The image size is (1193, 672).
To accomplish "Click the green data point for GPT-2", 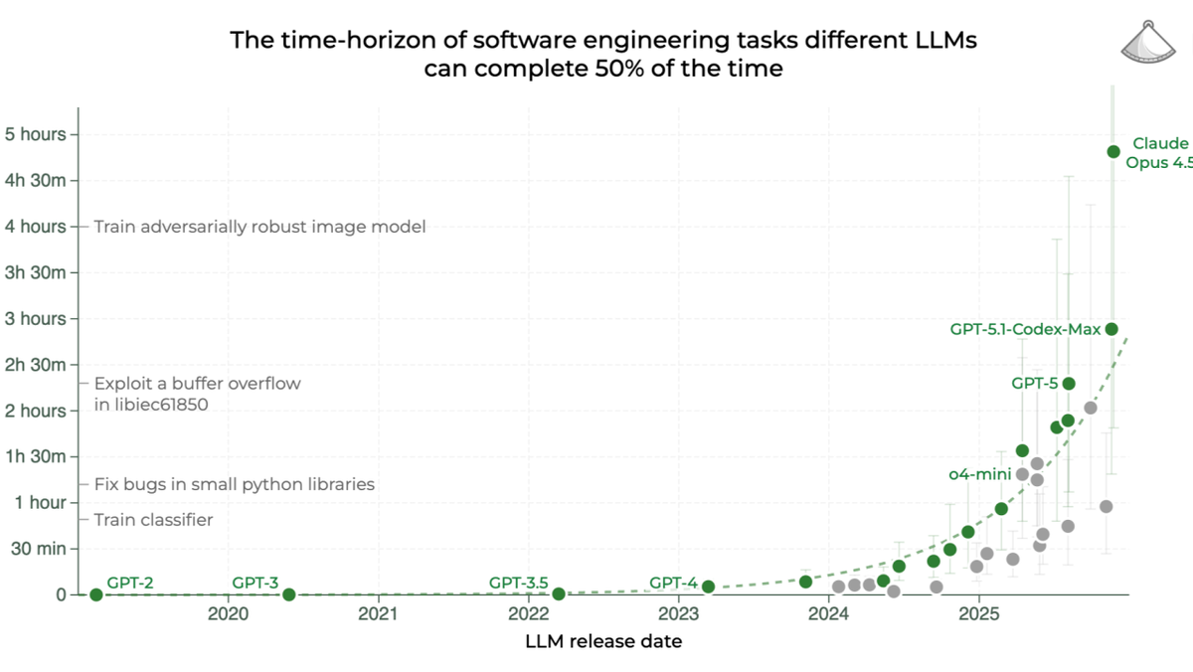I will click(x=95, y=594).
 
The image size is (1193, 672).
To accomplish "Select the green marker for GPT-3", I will click(x=288, y=594).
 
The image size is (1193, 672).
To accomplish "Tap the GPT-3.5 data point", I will click(x=559, y=593).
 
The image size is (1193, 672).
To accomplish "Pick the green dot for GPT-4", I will click(x=708, y=587).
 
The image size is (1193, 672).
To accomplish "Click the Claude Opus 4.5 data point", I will click(x=1113, y=151).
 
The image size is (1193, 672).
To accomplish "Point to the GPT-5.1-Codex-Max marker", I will click(x=1111, y=329).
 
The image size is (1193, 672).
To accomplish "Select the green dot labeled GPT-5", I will click(x=1069, y=384).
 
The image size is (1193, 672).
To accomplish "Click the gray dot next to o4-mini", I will click(x=1022, y=474).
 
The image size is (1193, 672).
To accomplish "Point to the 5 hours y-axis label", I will click(x=35, y=134).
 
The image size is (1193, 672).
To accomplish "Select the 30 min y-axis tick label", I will click(x=39, y=549).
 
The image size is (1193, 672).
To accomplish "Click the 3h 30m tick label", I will click(x=36, y=272).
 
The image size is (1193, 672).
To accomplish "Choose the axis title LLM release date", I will click(x=603, y=641).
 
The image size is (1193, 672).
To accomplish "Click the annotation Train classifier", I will click(x=153, y=520).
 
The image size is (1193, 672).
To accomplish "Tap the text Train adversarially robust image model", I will click(x=259, y=227).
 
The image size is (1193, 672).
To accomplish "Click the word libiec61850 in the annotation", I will click(x=151, y=405).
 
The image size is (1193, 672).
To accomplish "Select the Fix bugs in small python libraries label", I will click(x=234, y=485).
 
